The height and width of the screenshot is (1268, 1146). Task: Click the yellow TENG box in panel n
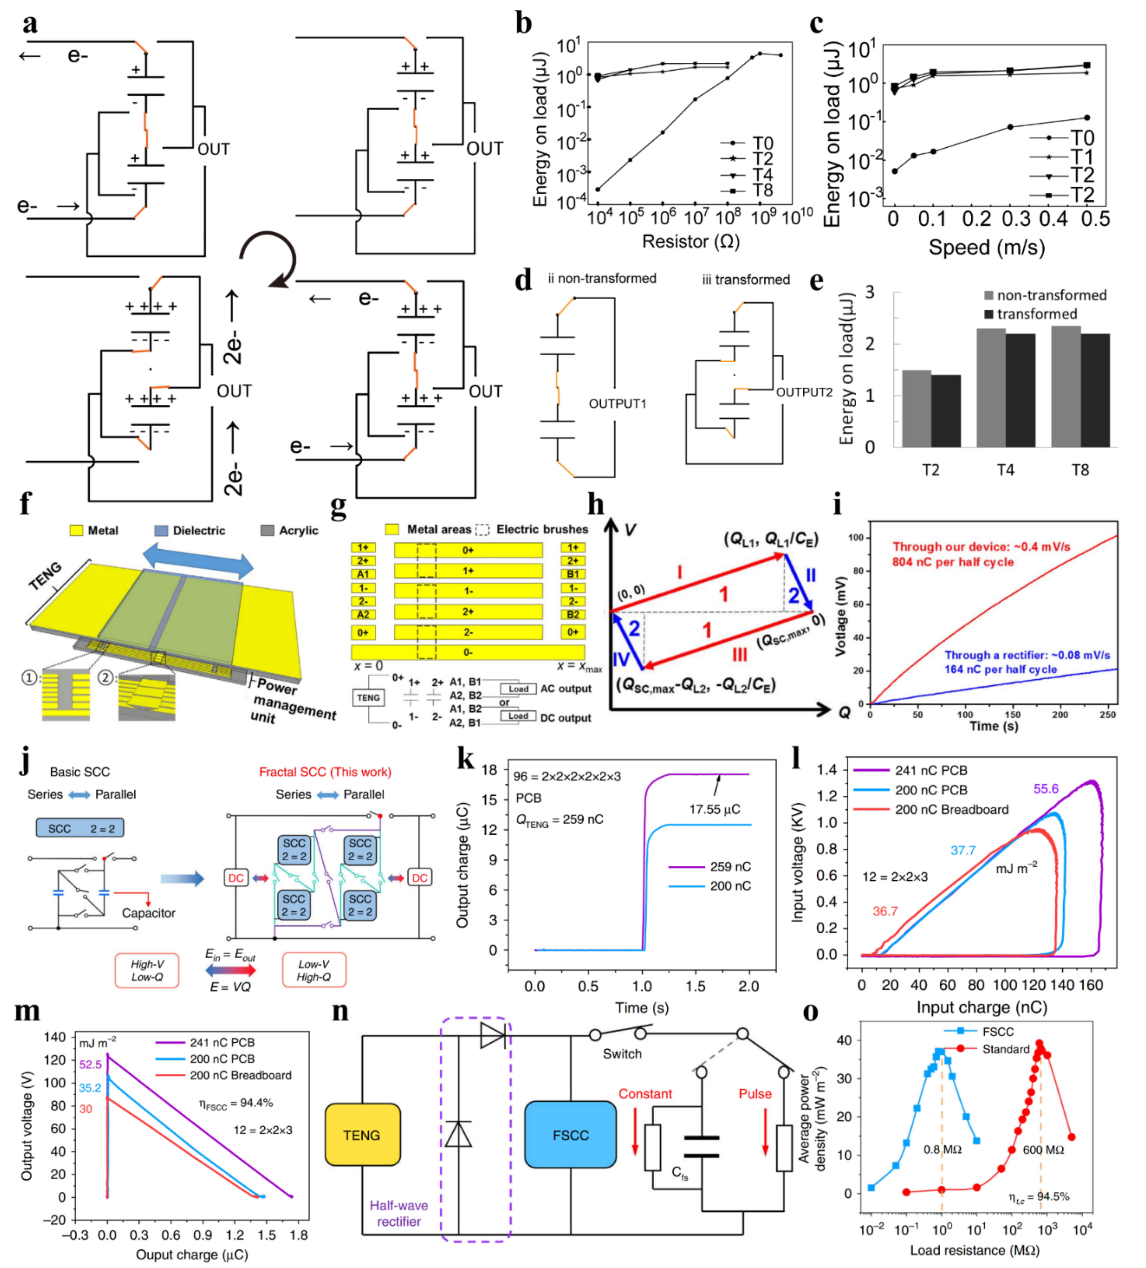tap(362, 1135)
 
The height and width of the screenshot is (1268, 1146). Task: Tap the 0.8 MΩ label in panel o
tap(942, 1149)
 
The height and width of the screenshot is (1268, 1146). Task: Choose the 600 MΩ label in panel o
tap(1043, 1149)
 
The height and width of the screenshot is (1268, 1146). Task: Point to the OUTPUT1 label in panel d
tap(617, 403)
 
